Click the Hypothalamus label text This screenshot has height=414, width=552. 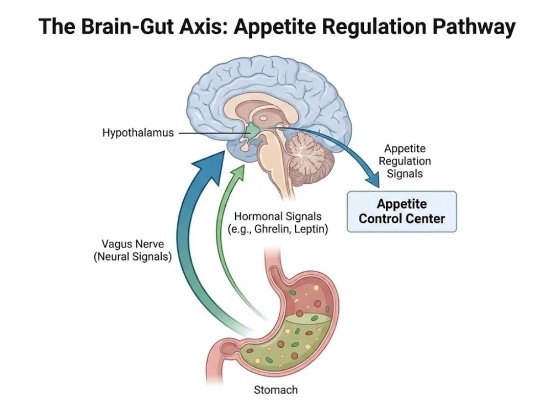137,133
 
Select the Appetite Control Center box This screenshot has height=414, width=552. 401,211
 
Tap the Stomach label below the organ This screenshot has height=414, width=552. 275,390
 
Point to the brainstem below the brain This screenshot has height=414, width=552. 285,182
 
